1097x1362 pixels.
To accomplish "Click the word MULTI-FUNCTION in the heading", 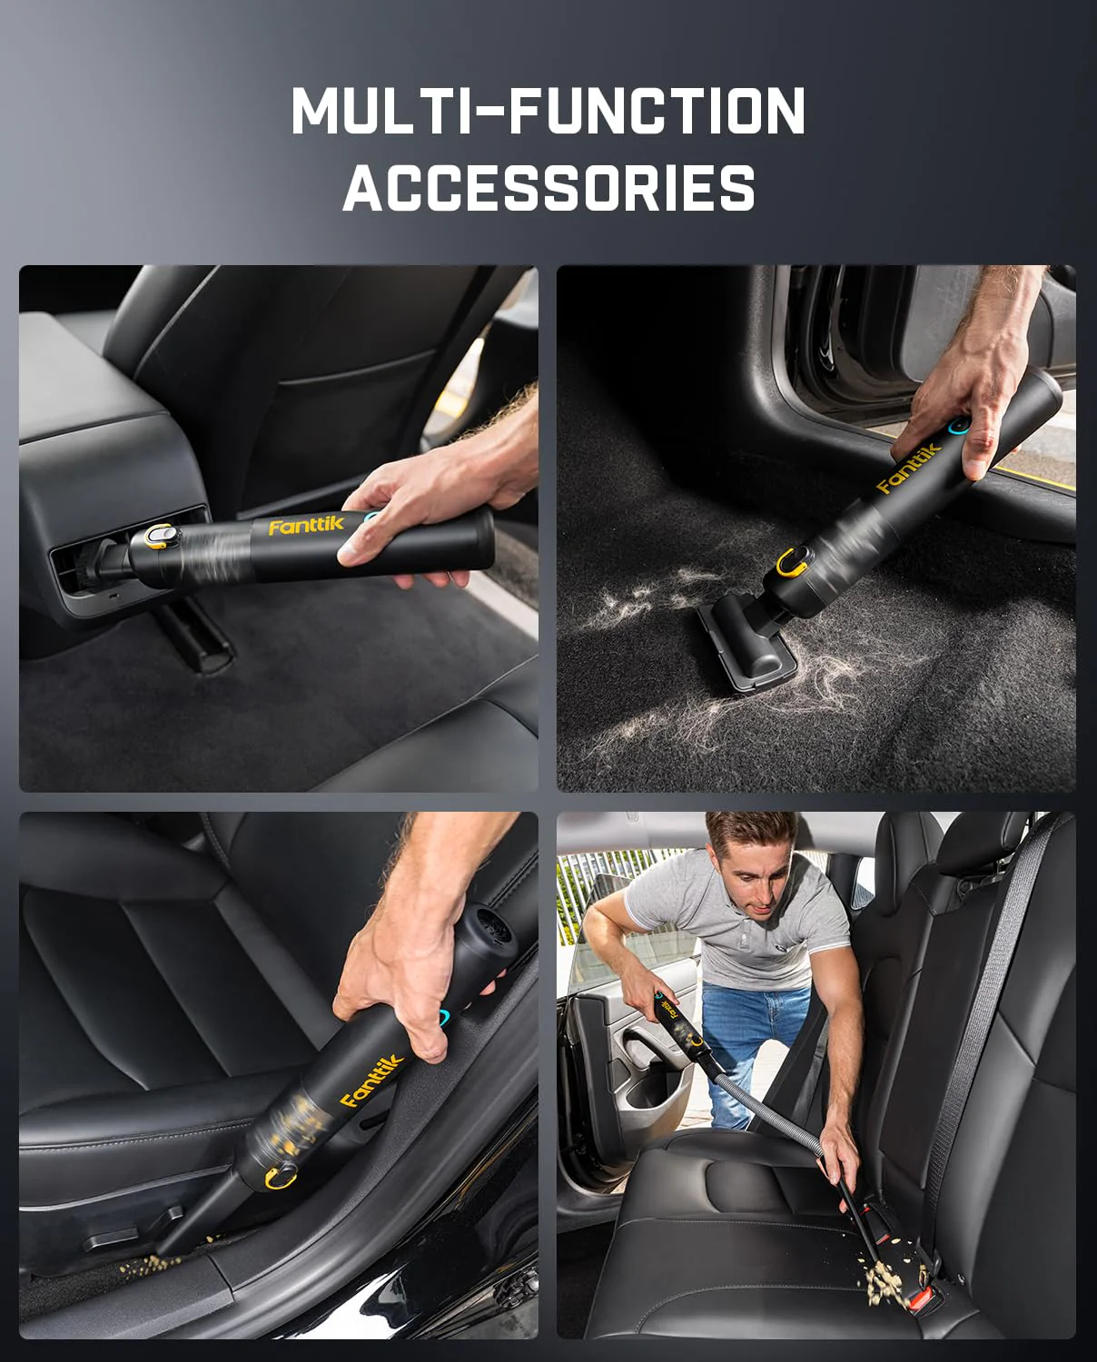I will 548,111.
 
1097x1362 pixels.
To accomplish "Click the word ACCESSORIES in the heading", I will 548,188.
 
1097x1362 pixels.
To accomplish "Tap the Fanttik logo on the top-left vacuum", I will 306,526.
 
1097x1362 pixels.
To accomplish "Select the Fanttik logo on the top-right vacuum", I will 909,468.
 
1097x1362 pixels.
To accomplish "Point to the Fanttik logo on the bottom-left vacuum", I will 371,1081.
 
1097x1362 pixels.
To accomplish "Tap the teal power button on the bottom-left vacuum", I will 445,1018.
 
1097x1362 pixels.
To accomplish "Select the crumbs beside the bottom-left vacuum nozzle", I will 154,1263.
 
